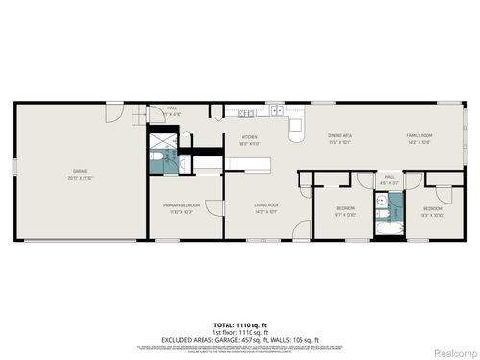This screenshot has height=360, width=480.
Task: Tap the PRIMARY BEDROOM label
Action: [x=180, y=205]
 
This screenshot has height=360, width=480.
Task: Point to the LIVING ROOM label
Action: [x=266, y=204]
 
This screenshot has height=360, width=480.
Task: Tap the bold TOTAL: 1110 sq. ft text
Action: [x=239, y=325]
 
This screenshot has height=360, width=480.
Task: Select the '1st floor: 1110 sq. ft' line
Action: [x=239, y=331]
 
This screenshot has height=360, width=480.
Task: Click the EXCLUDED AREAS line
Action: [x=239, y=338]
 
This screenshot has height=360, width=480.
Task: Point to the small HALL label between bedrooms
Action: [x=390, y=177]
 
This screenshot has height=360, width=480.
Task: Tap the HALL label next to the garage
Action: [x=173, y=108]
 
